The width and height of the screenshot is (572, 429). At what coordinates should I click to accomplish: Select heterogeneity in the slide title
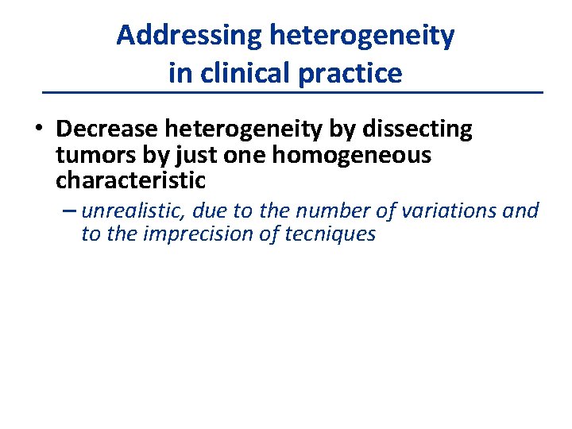click(x=362, y=36)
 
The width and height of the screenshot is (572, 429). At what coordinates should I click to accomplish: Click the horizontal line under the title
click(x=292, y=94)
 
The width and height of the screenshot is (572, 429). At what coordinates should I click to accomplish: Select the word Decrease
click(x=104, y=129)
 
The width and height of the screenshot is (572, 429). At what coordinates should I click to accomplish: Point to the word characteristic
click(x=130, y=180)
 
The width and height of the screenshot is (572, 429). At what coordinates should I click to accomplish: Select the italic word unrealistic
click(x=132, y=211)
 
